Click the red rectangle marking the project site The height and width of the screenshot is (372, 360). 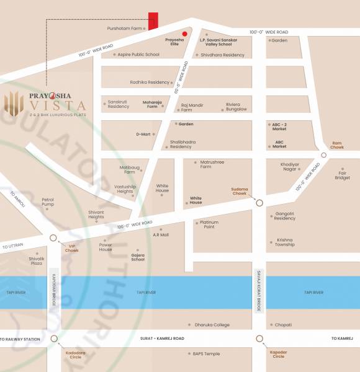pos(153,20)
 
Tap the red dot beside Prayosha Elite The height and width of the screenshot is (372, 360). pos(184,33)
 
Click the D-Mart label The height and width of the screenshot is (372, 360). pos(144,134)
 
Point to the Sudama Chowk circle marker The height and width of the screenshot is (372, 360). pos(259,202)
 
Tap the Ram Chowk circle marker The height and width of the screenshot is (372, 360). pos(324,155)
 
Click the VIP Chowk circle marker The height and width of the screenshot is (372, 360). pos(54,238)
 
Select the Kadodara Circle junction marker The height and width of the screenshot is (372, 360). pos(54,339)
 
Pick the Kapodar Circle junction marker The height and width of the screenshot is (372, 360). pos(259,339)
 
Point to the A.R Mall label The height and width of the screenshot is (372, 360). pos(161,235)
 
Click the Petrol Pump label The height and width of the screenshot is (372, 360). pos(48,202)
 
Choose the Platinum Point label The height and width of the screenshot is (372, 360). pos(209,224)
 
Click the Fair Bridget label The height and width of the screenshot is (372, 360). pos(343,175)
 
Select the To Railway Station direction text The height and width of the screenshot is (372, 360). pos(20,339)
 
